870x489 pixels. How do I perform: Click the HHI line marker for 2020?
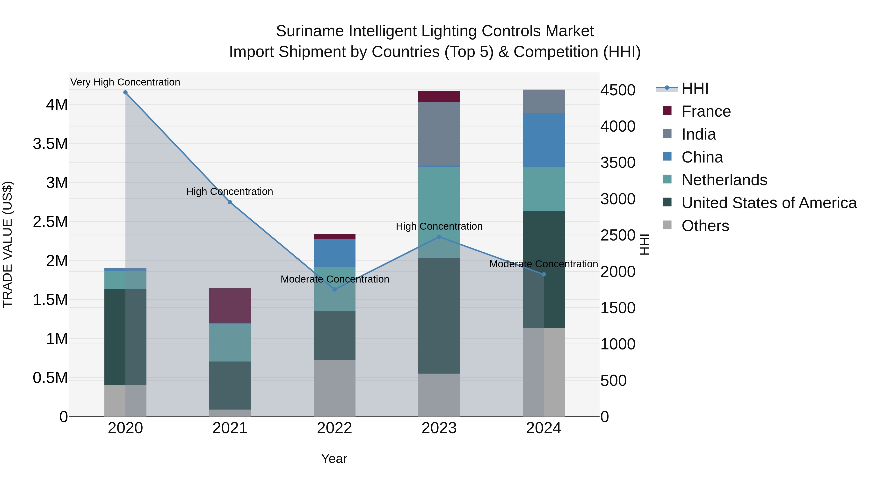(125, 92)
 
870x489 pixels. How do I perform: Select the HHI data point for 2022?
(334, 289)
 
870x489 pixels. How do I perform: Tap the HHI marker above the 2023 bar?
(439, 237)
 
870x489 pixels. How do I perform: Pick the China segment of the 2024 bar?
(544, 140)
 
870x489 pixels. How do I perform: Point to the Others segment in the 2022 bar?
(334, 388)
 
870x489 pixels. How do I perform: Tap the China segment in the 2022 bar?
(334, 253)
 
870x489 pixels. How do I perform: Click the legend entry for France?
(706, 111)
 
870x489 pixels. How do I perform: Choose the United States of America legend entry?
(769, 203)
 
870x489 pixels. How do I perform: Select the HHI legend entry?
(695, 88)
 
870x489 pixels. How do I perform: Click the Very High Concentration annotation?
(125, 82)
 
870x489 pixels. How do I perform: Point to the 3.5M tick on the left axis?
(50, 144)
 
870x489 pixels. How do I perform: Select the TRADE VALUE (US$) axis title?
(7, 244)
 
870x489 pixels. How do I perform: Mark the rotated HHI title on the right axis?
(644, 244)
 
